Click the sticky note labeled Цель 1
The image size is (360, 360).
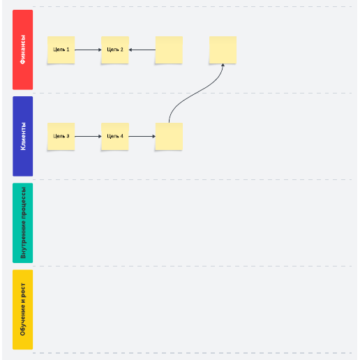click(x=61, y=50)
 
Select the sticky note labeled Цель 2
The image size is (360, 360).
click(x=115, y=50)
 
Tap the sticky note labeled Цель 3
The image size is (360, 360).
click(x=61, y=136)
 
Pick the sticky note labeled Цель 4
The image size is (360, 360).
click(x=115, y=136)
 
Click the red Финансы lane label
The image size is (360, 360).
click(x=23, y=50)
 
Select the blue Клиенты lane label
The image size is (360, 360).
click(x=23, y=136)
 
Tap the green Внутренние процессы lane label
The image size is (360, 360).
click(x=23, y=223)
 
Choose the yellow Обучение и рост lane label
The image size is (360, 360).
click(x=23, y=310)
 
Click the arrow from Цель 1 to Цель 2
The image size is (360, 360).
click(x=88, y=50)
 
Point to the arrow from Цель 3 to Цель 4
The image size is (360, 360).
click(x=88, y=136)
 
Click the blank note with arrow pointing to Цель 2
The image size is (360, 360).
click(x=169, y=50)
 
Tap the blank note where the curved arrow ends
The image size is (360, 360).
click(x=223, y=50)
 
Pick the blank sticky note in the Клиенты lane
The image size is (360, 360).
click(x=169, y=136)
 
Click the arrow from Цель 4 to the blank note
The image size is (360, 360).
click(x=142, y=136)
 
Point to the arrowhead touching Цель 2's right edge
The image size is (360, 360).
click(x=130, y=50)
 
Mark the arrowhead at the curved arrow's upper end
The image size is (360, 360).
click(x=223, y=65)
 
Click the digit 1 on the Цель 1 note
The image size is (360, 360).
click(x=68, y=50)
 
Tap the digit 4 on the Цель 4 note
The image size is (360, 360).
click(x=121, y=136)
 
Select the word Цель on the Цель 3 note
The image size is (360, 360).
click(x=59, y=136)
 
